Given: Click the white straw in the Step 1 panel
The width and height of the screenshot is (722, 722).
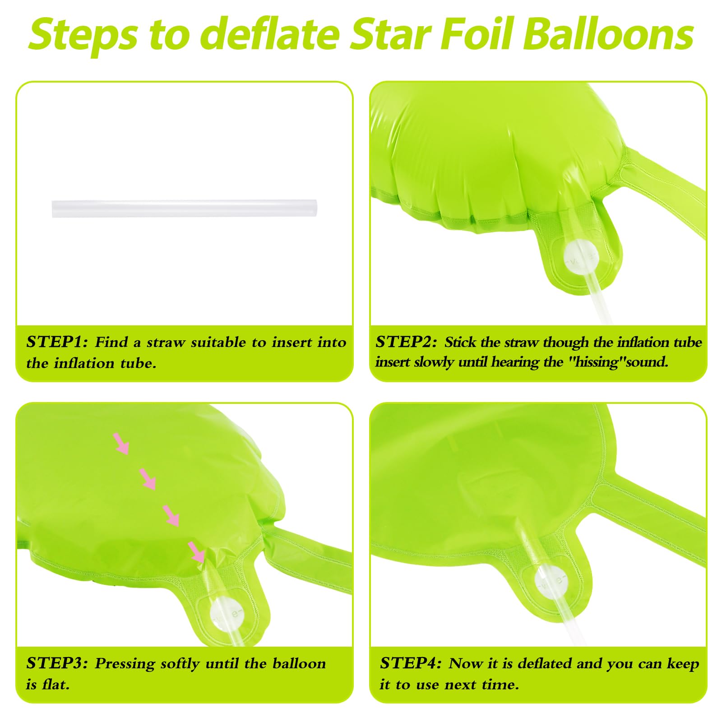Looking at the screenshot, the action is pos(184,208).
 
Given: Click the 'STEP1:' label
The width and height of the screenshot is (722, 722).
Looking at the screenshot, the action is pos(57,342).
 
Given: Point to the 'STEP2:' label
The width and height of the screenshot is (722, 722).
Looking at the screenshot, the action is pos(406,342).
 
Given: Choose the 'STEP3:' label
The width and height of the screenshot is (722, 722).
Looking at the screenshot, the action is pos(57,663).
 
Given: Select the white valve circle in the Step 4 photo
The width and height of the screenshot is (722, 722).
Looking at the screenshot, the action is pos(551,581).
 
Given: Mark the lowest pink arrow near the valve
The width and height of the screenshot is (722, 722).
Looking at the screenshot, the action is pos(197,552).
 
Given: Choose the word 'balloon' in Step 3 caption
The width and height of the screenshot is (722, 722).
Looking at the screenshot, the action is pos(299,663).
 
